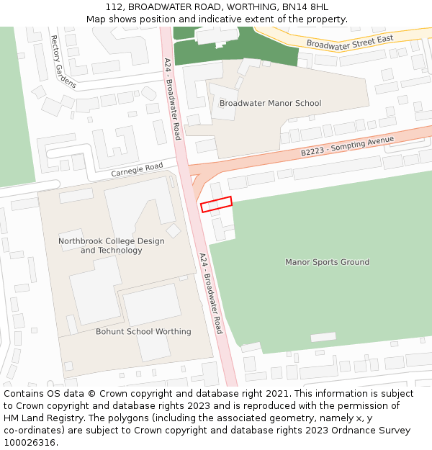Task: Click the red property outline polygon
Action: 216,204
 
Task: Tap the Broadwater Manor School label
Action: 270,104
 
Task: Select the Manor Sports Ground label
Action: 327,262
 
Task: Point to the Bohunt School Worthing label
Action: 143,332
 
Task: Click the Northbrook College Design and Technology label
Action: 111,246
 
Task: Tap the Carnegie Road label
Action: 137,171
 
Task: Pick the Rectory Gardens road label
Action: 63,61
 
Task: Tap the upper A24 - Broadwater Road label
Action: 172,99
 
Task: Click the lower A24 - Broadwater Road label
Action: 211,293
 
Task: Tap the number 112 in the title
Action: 114,7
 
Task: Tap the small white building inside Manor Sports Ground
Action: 323,337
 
